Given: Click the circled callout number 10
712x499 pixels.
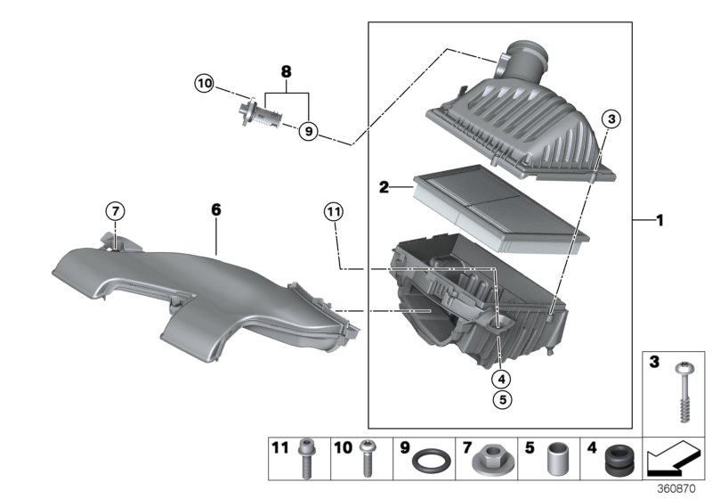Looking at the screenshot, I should click(x=205, y=84).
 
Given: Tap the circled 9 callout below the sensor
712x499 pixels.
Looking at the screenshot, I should click(x=307, y=131).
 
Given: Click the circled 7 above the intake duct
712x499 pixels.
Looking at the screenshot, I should click(x=114, y=211).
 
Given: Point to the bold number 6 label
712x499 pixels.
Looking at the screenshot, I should click(x=215, y=209).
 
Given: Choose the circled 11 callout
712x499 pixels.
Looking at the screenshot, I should click(x=333, y=211).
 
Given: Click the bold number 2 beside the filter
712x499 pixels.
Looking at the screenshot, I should click(x=384, y=187).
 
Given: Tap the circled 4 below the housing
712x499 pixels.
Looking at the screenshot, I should click(x=504, y=377).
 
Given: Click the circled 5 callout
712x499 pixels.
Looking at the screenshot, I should click(x=504, y=400).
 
